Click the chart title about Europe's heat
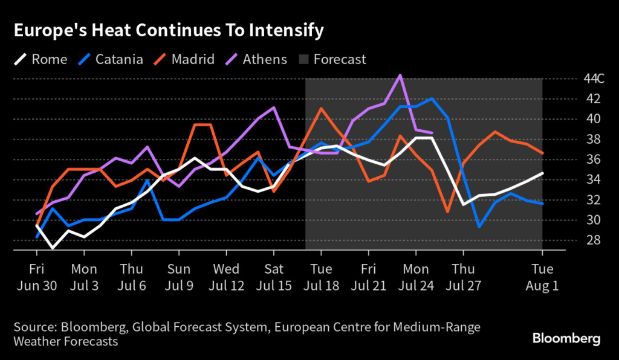click(x=169, y=30)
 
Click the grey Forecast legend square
click(x=303, y=59)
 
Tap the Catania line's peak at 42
click(x=432, y=98)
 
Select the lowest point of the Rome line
click(x=53, y=248)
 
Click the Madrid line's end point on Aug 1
click(x=542, y=153)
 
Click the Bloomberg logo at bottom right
click(x=566, y=338)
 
